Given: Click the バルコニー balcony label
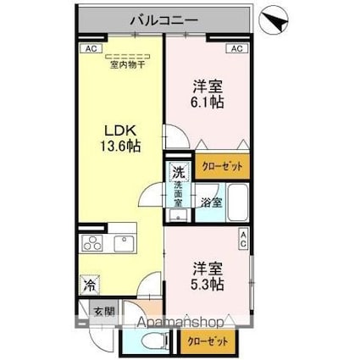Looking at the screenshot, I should pyautogui.click(x=164, y=17).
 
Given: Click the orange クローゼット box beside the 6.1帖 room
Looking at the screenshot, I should pyautogui.click(x=221, y=166).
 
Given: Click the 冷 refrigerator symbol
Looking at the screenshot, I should pyautogui.click(x=89, y=286).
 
